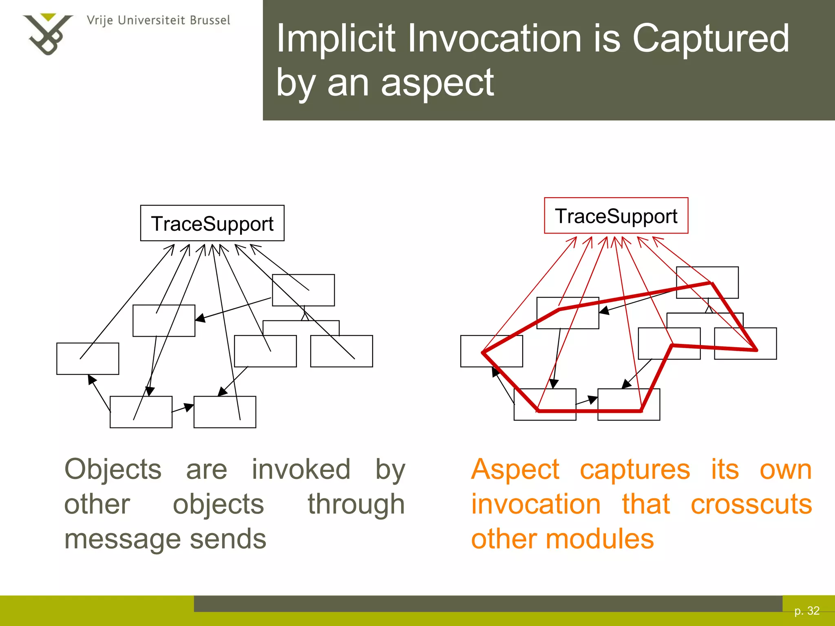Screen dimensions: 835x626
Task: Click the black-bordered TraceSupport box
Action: [212, 223]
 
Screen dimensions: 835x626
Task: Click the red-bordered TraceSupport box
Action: [616, 216]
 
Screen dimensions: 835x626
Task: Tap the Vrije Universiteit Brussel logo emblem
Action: [47, 34]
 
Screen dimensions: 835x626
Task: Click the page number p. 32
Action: [807, 611]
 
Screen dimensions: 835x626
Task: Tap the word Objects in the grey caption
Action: [113, 469]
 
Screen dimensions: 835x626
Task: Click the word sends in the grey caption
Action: [228, 539]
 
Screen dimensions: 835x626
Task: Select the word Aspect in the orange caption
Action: [515, 469]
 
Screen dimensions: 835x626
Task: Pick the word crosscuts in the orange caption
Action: [751, 504]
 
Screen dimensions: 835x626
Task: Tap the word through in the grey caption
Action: [356, 504]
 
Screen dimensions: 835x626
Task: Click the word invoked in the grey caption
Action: [301, 469]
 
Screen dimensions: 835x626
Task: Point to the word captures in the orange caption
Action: [635, 469]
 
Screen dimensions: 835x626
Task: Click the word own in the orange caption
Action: [786, 469]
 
